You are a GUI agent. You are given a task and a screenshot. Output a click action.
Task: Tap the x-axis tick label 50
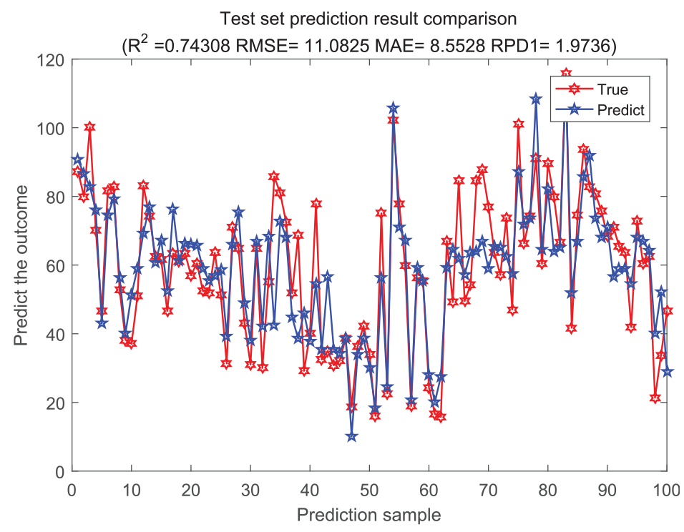coord(369,491)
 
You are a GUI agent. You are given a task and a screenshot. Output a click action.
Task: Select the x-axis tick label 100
coord(667,491)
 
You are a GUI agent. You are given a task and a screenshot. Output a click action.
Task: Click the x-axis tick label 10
coord(132,491)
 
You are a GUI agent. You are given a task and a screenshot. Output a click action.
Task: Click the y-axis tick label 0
coord(59,472)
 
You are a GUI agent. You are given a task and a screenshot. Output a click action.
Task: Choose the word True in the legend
coord(612,89)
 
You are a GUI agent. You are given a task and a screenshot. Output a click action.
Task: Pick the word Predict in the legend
coord(621,110)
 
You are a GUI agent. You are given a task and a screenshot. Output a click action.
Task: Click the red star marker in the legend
coord(575,89)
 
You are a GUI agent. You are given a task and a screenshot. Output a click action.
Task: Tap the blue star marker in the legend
coord(575,110)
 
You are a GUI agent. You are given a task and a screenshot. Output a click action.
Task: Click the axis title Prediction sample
coord(369,515)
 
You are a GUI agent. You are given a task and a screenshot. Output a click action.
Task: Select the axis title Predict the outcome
coord(21,265)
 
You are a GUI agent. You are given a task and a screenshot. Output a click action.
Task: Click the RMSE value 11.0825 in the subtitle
coord(336,45)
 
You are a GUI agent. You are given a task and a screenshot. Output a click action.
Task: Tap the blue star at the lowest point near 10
coord(351,436)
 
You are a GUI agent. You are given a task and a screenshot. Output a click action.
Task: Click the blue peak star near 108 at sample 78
coord(536,99)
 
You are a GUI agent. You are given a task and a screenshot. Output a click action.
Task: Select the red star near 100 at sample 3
coord(90,127)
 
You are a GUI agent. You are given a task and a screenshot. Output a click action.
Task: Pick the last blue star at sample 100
coord(667,372)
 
